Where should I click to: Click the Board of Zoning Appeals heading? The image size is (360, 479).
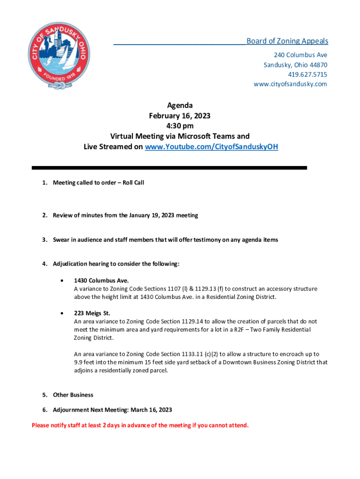coord(287,41)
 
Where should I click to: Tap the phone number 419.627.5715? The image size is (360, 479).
coord(307,74)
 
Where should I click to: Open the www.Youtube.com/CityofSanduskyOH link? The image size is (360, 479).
coord(211,146)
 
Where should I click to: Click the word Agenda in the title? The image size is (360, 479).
coord(180,106)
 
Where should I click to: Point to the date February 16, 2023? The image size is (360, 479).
coord(180,116)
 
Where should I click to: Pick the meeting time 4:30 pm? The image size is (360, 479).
coord(180,126)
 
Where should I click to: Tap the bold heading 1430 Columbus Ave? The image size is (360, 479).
coord(101,281)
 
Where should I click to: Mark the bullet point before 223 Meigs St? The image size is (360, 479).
coord(62,313)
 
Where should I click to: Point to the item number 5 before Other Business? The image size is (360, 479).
coord(45,395)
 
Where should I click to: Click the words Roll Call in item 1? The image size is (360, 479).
coord(133,182)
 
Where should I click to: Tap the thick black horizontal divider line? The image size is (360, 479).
coord(169,168)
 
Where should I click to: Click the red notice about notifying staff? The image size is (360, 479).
coord(140,425)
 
